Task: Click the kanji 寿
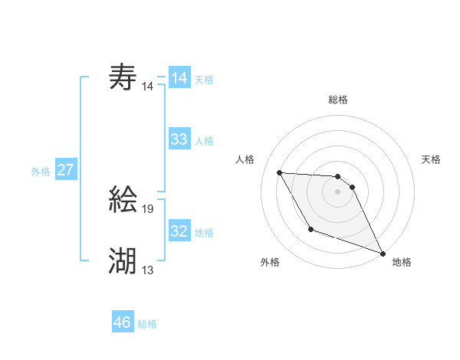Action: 123,77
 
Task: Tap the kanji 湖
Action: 123,261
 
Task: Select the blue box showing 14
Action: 179,78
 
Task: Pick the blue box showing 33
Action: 179,139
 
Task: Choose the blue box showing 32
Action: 179,231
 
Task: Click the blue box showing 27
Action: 65,170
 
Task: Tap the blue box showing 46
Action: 123,322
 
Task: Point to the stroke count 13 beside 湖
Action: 148,269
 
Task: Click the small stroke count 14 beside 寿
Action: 148,87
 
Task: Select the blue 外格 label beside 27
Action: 41,172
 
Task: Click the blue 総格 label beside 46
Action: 147,324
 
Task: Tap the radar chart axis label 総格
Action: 337,100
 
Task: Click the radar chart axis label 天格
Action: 432,159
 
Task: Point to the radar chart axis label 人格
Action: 245,159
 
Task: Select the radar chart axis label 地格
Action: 402,262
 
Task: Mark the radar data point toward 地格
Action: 383,253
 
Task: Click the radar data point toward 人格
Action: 279,172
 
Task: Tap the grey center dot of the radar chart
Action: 337,191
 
